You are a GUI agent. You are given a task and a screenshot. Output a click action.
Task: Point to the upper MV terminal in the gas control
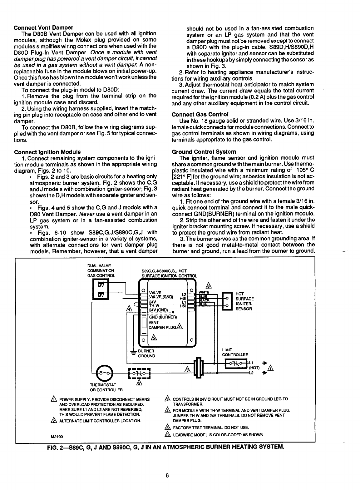(101, 285)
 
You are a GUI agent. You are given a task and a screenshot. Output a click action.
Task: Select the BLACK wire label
(204, 300)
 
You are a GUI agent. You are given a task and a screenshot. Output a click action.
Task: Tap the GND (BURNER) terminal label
(163, 317)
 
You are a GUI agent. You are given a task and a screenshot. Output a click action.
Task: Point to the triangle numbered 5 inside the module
(153, 338)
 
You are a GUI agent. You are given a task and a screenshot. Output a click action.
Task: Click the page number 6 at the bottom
(167, 476)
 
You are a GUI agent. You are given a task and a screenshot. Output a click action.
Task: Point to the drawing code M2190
(56, 436)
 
